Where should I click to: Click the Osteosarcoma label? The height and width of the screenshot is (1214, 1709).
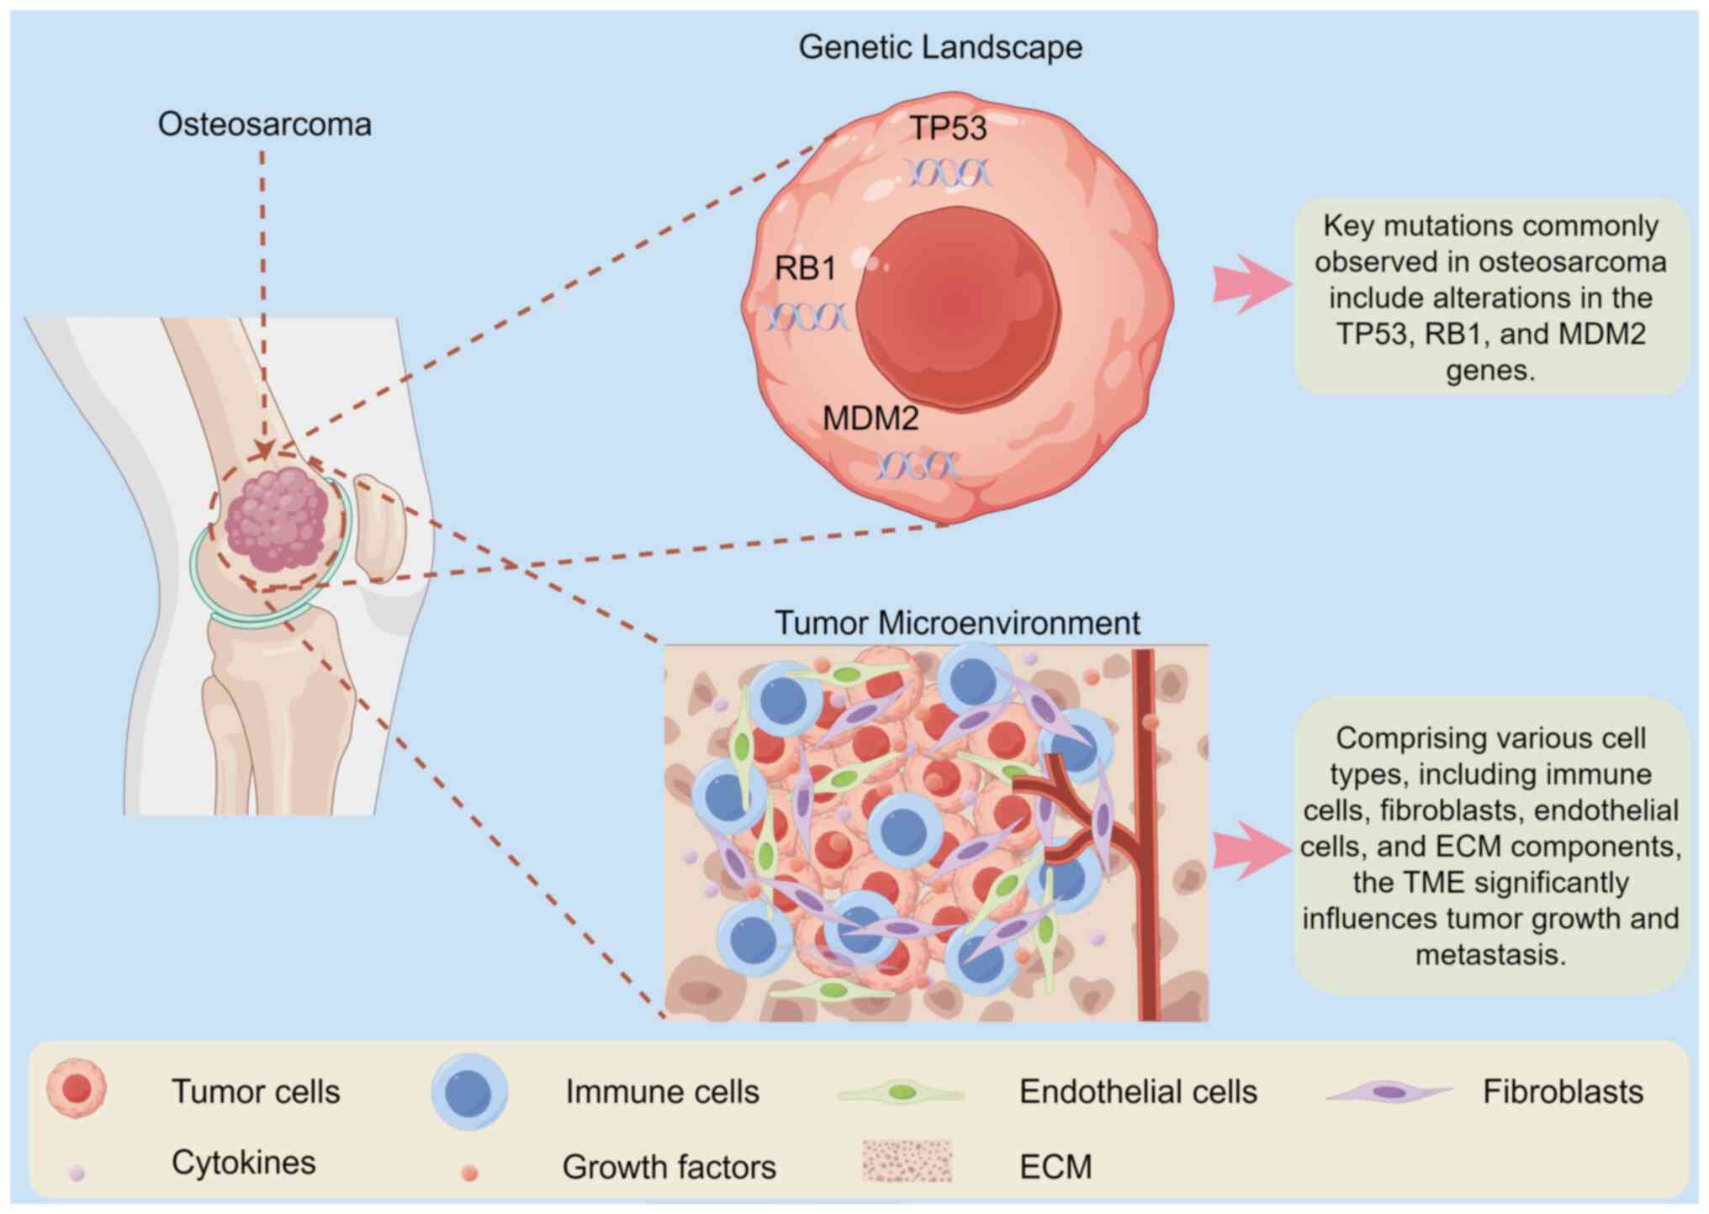tap(265, 124)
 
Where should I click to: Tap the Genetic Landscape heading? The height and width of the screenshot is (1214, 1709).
tap(940, 48)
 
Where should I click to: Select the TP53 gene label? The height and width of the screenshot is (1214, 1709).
tap(949, 129)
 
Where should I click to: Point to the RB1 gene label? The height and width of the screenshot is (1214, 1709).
tap(806, 269)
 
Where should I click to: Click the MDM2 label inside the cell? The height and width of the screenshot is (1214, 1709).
tap(870, 418)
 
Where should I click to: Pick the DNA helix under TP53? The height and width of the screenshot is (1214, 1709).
tap(950, 173)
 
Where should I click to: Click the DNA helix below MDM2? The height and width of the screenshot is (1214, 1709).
tap(918, 465)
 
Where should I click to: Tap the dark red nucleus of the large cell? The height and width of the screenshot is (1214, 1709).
tap(957, 308)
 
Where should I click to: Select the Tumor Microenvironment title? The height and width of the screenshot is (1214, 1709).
tap(957, 623)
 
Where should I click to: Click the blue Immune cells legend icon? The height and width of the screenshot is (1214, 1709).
tap(469, 1091)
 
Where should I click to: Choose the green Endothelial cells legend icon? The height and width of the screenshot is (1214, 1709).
tap(902, 1093)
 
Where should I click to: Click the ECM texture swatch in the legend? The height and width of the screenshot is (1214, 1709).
tap(907, 1161)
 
